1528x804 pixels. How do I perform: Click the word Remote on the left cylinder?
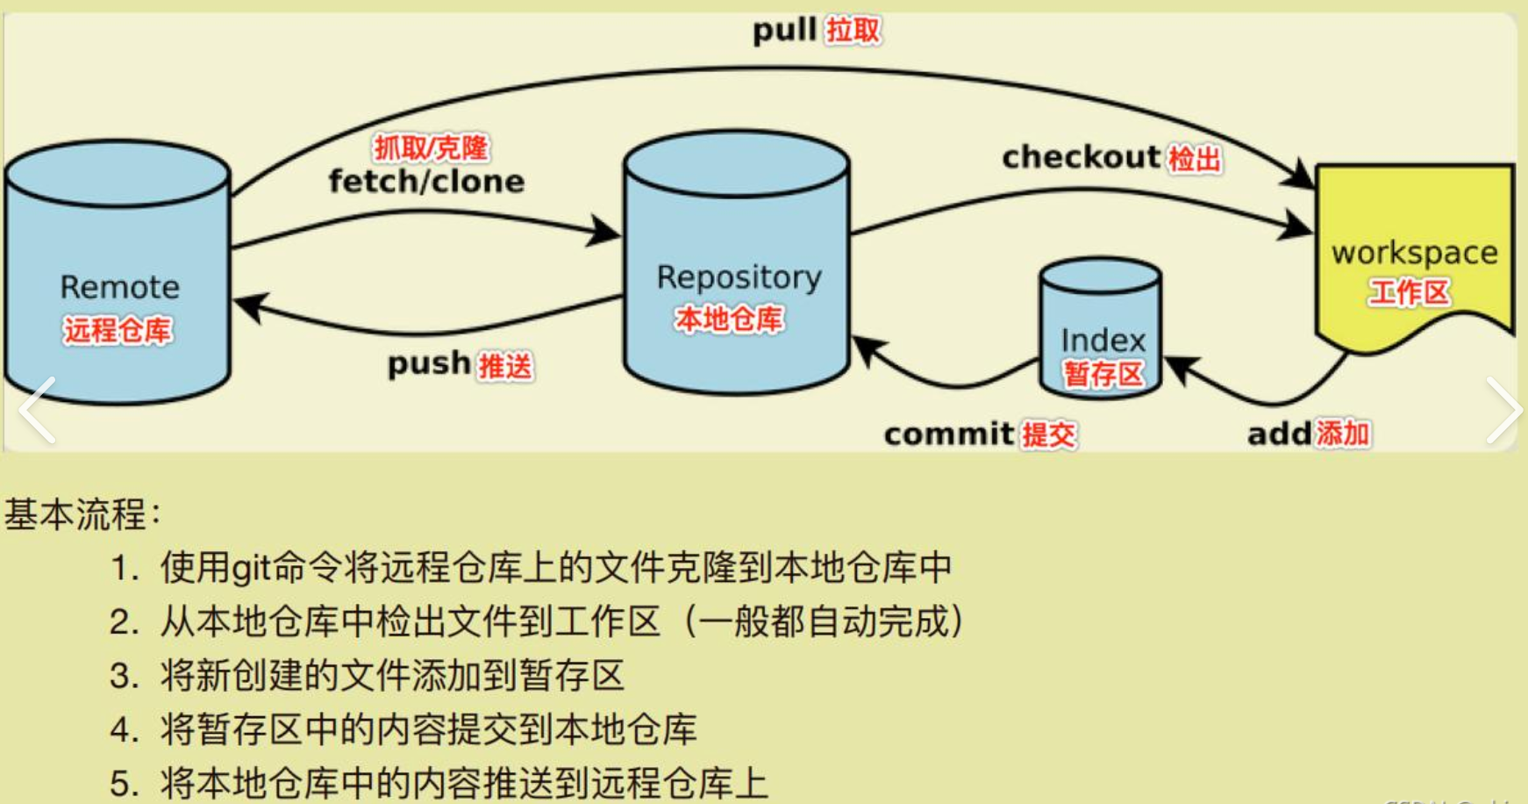pyautogui.click(x=119, y=287)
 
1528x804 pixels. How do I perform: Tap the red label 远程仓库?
pyautogui.click(x=118, y=330)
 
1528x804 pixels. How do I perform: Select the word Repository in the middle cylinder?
pyautogui.click(x=739, y=277)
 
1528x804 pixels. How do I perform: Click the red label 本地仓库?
pyautogui.click(x=728, y=319)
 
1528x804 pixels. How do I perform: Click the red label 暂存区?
pyautogui.click(x=1103, y=374)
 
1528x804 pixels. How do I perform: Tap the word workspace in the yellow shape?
pyautogui.click(x=1414, y=253)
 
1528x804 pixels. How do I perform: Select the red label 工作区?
pyautogui.click(x=1410, y=292)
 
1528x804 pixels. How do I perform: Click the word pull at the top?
pyautogui.click(x=785, y=30)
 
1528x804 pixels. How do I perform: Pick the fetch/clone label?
pyautogui.click(x=426, y=182)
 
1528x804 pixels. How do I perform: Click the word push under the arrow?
pyautogui.click(x=429, y=363)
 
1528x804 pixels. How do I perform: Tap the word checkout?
pyautogui.click(x=1081, y=158)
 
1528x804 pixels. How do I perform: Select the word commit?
pyautogui.click(x=948, y=434)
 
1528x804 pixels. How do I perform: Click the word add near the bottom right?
pyautogui.click(x=1279, y=434)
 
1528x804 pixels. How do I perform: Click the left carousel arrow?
pyautogui.click(x=38, y=410)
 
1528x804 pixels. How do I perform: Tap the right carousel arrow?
pyautogui.click(x=1503, y=410)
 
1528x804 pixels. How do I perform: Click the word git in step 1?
pyautogui.click(x=251, y=569)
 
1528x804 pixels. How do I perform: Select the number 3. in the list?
pyautogui.click(x=124, y=677)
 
